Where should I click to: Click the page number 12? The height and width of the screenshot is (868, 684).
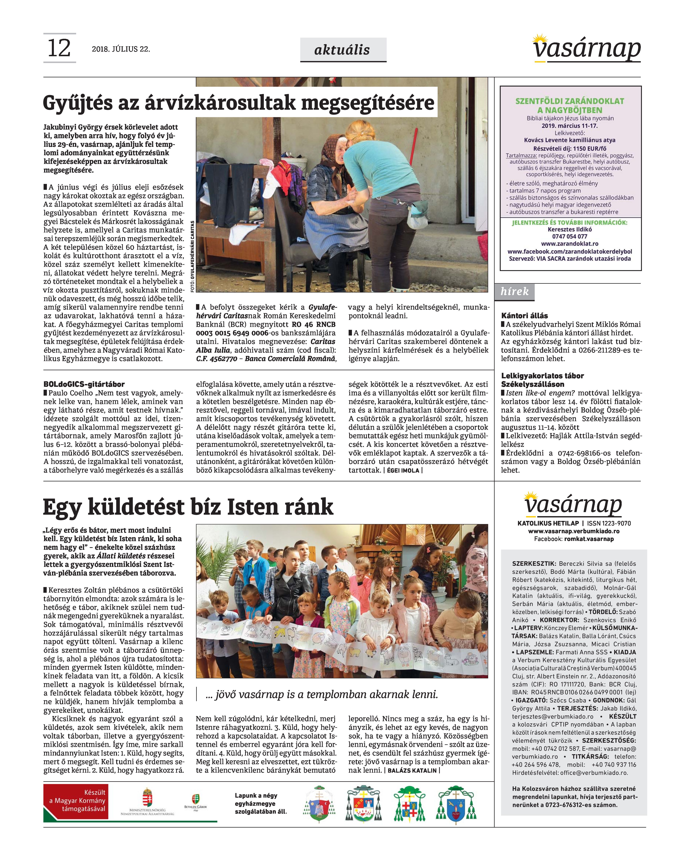pyautogui.click(x=59, y=48)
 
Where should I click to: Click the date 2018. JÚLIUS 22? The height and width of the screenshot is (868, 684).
pyautogui.click(x=121, y=49)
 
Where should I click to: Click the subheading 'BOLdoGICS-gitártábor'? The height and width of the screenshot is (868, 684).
pyautogui.click(x=84, y=384)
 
